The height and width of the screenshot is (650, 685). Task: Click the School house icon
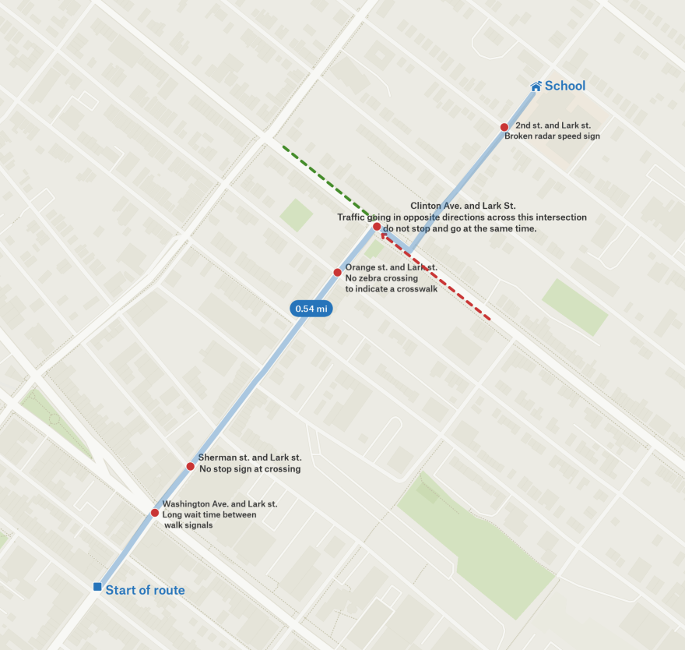point(536,86)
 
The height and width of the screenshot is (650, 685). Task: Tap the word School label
point(565,86)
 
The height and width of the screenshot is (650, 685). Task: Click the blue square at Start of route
point(97,586)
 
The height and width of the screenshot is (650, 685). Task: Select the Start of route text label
point(146,590)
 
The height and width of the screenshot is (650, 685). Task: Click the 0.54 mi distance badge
point(311,309)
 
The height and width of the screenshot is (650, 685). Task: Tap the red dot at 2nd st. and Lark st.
point(504,127)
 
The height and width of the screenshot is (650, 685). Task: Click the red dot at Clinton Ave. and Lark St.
point(377,227)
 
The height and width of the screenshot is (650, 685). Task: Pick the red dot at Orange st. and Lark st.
point(337,273)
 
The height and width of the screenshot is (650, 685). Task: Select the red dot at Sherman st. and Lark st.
point(190,467)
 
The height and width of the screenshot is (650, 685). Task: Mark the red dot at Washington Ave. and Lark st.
point(154,513)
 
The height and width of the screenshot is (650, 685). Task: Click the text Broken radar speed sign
point(552,136)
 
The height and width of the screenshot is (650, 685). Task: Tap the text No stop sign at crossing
point(250,469)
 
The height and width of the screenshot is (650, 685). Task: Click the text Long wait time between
point(209,514)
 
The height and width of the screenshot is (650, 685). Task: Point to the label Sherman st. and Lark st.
point(250,457)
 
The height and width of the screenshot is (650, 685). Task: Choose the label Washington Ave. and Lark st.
point(220,503)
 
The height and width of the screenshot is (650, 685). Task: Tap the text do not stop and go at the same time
point(460,229)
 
